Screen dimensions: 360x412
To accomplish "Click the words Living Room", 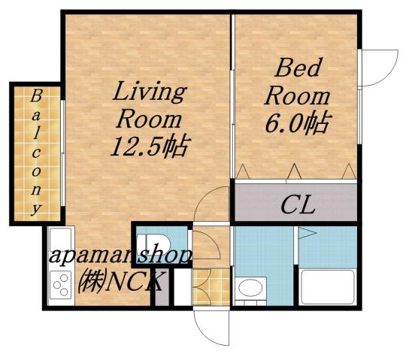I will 149,104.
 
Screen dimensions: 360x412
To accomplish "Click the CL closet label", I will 298,204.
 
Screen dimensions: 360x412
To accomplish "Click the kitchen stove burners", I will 59,284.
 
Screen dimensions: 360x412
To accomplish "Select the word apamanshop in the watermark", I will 120,256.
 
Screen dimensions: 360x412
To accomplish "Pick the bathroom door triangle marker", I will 306,234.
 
